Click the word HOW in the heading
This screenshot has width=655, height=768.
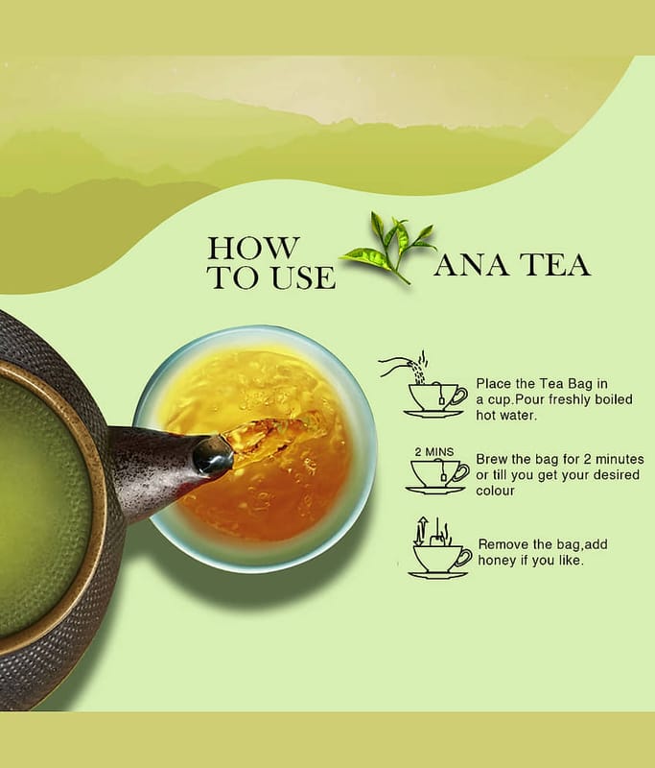[x=252, y=248]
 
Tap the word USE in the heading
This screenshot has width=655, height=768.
[x=303, y=277]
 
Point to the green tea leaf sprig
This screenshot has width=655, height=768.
[x=389, y=248]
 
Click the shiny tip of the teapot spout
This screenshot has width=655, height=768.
[x=213, y=455]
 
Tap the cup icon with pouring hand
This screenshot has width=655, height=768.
[x=424, y=385]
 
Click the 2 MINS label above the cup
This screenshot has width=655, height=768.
[x=434, y=451]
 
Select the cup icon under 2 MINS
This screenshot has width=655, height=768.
[x=436, y=477]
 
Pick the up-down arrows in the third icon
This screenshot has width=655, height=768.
[x=420, y=531]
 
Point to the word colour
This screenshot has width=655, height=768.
[x=495, y=491]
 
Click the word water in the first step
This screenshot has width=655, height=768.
[x=506, y=416]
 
